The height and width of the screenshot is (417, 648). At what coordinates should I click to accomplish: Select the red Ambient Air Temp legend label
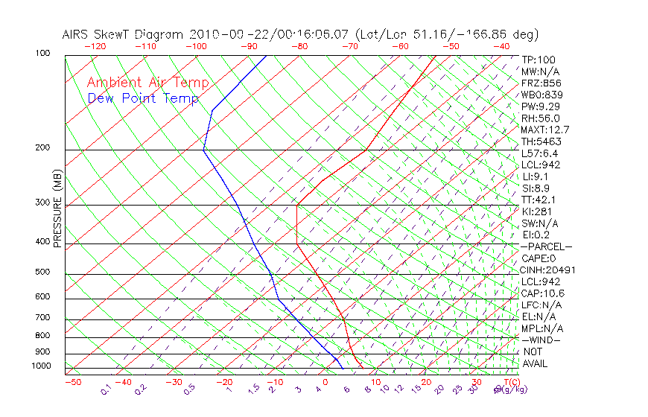click(147, 83)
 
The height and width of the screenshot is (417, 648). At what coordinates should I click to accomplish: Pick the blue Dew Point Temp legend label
click(143, 98)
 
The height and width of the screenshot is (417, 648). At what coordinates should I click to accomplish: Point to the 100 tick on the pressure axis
click(42, 54)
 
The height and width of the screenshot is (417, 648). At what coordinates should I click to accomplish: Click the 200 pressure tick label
click(42, 148)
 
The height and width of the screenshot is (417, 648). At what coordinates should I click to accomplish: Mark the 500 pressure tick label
click(42, 272)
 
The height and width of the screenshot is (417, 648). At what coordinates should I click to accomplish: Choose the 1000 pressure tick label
click(40, 366)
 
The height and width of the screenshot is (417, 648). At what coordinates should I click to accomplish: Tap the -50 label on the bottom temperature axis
click(72, 382)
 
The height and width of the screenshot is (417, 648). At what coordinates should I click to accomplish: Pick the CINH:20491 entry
click(548, 270)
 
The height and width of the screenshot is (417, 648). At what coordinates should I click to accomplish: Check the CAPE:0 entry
click(539, 258)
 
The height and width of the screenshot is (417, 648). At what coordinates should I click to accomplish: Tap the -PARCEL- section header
click(546, 246)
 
